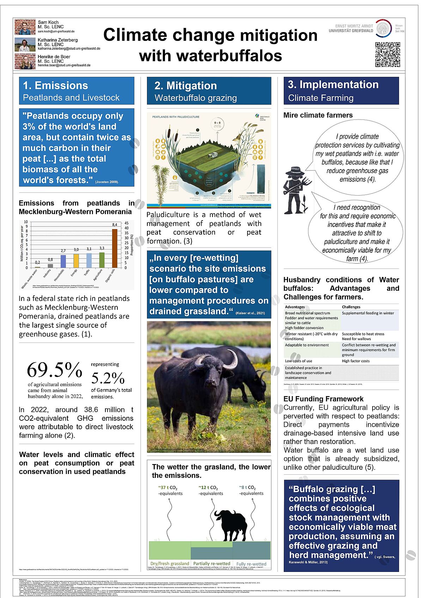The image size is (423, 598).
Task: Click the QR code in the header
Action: (387, 55)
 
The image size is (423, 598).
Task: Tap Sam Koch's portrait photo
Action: (25, 27)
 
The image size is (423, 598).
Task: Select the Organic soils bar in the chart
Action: (115, 248)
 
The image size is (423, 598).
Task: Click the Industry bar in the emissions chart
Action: (50, 266)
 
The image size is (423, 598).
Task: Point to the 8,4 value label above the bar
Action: (115, 225)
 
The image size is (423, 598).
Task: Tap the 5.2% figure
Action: (108, 378)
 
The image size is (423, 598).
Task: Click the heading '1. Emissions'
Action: (55, 86)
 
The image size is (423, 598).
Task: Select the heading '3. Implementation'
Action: (333, 85)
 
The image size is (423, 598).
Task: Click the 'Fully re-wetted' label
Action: (251, 564)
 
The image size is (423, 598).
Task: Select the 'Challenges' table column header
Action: (351, 307)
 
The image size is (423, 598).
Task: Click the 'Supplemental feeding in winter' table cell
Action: (368, 313)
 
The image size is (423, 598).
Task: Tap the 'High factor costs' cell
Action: (356, 361)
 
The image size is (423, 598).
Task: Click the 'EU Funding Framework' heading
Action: (323, 399)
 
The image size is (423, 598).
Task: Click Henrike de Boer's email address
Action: (64, 65)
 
